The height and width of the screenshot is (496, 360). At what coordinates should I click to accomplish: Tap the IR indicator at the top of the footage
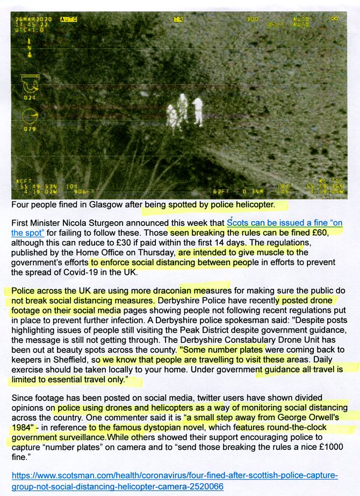click(178, 19)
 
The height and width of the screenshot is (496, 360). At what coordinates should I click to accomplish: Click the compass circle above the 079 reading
click(30, 116)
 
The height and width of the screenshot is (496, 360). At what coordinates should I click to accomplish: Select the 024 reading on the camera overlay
click(30, 98)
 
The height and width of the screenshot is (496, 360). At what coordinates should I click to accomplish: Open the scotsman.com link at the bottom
click(175, 480)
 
